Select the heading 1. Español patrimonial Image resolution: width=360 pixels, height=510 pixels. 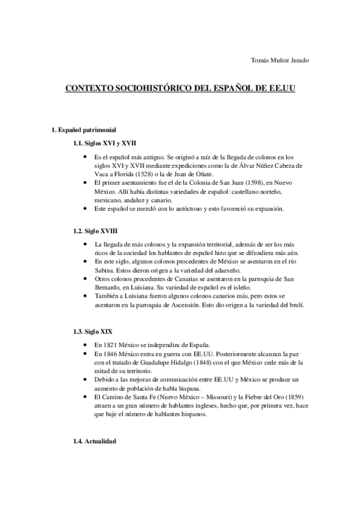pyautogui.click(x=84, y=130)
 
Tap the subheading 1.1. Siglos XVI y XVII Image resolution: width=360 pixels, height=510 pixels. pyautogui.click(x=104, y=144)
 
